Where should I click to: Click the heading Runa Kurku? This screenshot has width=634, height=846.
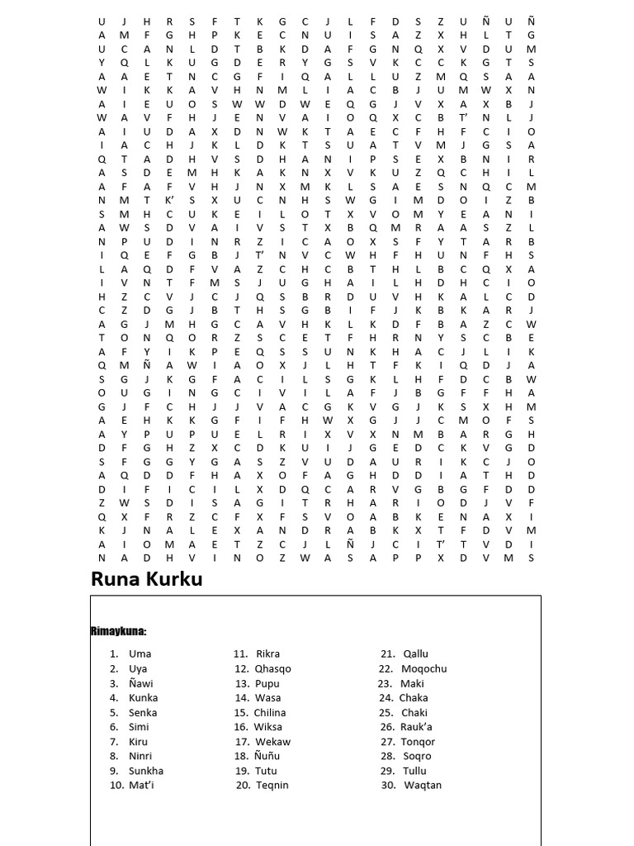(146, 580)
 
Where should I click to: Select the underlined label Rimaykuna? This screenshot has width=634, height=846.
(118, 632)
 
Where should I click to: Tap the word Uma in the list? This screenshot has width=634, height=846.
(140, 654)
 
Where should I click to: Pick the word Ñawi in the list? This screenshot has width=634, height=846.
(141, 683)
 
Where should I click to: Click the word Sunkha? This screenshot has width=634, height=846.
(146, 771)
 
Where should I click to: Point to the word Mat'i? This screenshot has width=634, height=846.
(141, 785)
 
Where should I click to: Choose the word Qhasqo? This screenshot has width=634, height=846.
(273, 668)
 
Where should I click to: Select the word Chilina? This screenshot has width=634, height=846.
(270, 712)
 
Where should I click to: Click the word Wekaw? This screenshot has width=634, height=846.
(273, 741)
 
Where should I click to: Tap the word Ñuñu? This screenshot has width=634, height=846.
(268, 756)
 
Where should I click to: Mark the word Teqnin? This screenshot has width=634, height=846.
(272, 785)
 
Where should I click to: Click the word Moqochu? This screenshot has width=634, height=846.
(424, 668)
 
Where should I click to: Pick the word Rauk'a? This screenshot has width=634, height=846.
(418, 727)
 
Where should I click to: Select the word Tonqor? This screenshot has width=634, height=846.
(418, 741)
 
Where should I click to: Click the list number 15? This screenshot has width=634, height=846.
(241, 712)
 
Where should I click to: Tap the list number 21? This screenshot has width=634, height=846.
(388, 654)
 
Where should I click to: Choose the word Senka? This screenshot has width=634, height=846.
(143, 712)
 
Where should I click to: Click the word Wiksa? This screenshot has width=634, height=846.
(268, 727)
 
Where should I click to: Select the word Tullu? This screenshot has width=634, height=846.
(415, 771)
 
